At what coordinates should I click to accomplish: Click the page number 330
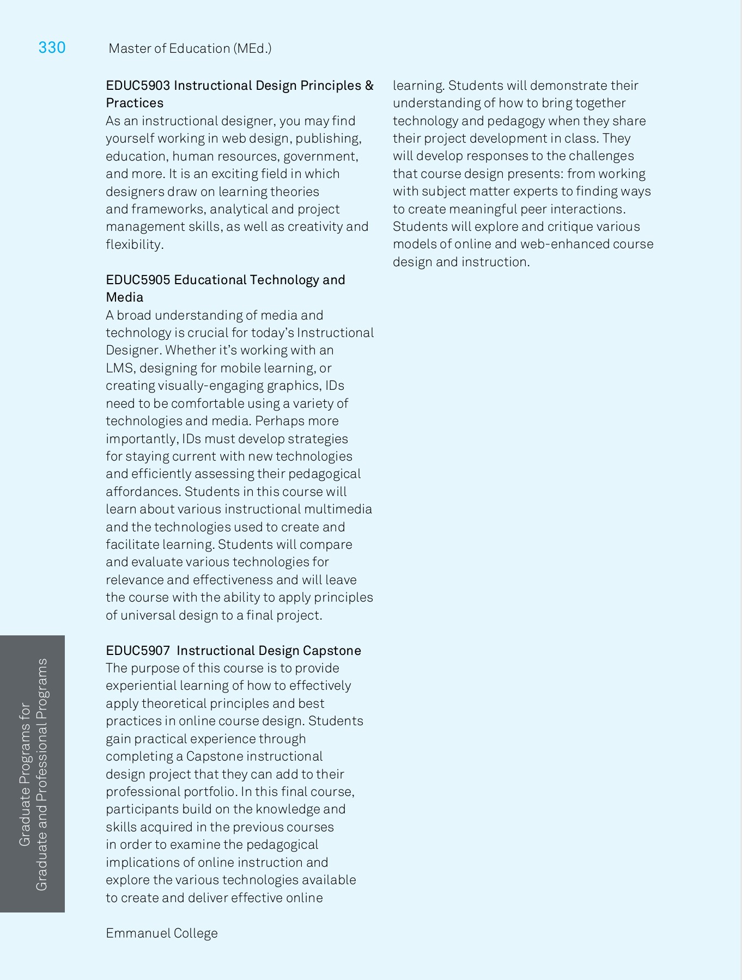(x=52, y=48)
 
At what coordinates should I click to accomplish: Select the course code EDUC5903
(x=138, y=85)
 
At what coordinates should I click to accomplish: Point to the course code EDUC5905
(x=138, y=280)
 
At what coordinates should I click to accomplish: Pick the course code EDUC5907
(x=138, y=651)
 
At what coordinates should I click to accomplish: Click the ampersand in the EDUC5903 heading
(x=369, y=85)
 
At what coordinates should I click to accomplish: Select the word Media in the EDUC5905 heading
(x=124, y=297)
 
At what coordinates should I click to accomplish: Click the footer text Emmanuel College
(x=162, y=933)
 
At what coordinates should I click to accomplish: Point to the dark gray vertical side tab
(x=33, y=774)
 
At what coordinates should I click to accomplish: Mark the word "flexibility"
(x=134, y=244)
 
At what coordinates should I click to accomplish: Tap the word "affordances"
(x=143, y=492)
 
